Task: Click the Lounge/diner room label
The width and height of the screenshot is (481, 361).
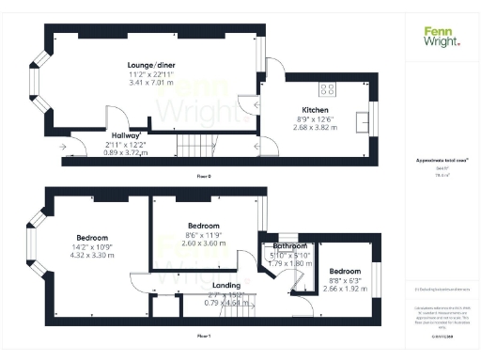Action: [151, 65]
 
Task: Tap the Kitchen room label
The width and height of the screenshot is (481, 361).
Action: [314, 111]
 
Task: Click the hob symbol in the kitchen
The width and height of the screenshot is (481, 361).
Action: [328, 89]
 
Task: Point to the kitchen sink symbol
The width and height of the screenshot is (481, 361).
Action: [362, 119]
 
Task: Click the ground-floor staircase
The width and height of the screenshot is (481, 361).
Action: [197, 145]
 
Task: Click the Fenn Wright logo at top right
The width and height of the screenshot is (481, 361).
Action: [442, 35]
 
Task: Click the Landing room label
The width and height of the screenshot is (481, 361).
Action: [226, 285]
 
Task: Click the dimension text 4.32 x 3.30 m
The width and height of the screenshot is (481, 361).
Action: [93, 255]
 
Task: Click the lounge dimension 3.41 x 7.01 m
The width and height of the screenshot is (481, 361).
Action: [151, 83]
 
